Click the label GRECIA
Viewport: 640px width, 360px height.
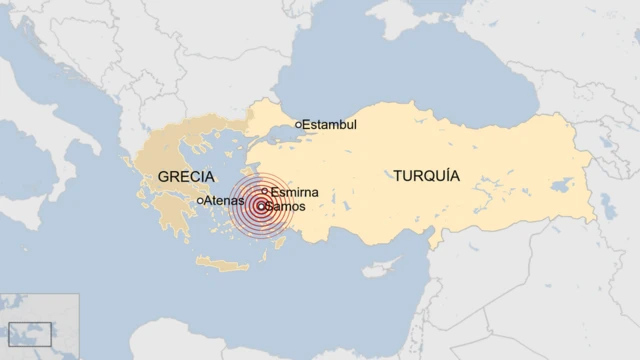tap(185, 177)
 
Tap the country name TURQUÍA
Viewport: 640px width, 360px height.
tap(427, 175)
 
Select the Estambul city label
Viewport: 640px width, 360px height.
tap(329, 125)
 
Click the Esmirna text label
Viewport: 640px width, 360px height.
tap(295, 191)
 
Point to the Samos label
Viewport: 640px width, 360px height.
tap(285, 207)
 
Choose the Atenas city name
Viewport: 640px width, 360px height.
tap(224, 200)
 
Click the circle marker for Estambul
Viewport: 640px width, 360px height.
tap(298, 125)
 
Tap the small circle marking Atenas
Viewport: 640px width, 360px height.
tap(200, 200)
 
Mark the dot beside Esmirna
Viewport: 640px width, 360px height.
tap(264, 191)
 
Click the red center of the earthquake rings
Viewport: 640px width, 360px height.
tap(261, 207)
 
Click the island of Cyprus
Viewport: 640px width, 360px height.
tap(379, 268)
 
